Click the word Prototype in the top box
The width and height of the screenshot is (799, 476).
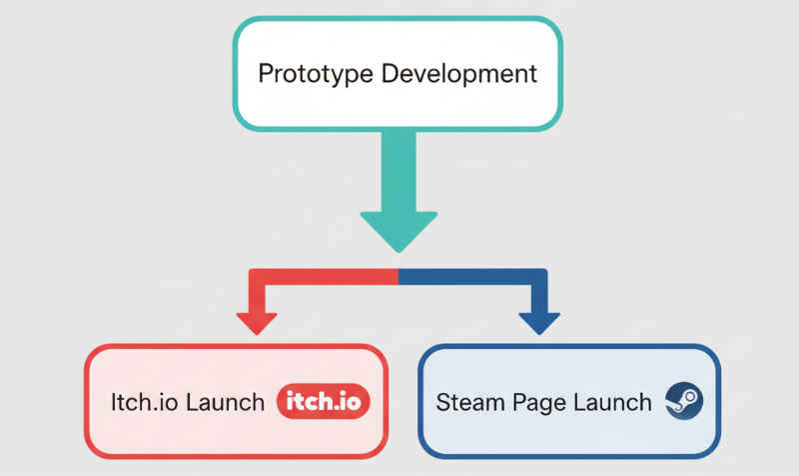pyautogui.click(x=309, y=74)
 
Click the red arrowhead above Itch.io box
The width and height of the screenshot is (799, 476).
pyautogui.click(x=257, y=322)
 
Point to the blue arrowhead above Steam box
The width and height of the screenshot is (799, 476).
pyautogui.click(x=540, y=322)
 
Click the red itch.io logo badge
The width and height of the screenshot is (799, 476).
pyautogui.click(x=323, y=402)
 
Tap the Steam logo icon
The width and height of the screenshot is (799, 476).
pyautogui.click(x=684, y=402)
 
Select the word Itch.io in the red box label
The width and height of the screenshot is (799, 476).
pyautogui.click(x=139, y=403)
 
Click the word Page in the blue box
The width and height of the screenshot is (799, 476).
pyautogui.click(x=540, y=403)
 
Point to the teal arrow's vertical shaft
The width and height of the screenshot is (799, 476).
pyautogui.click(x=399, y=170)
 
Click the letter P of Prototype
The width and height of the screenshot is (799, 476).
pyautogui.click(x=266, y=74)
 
